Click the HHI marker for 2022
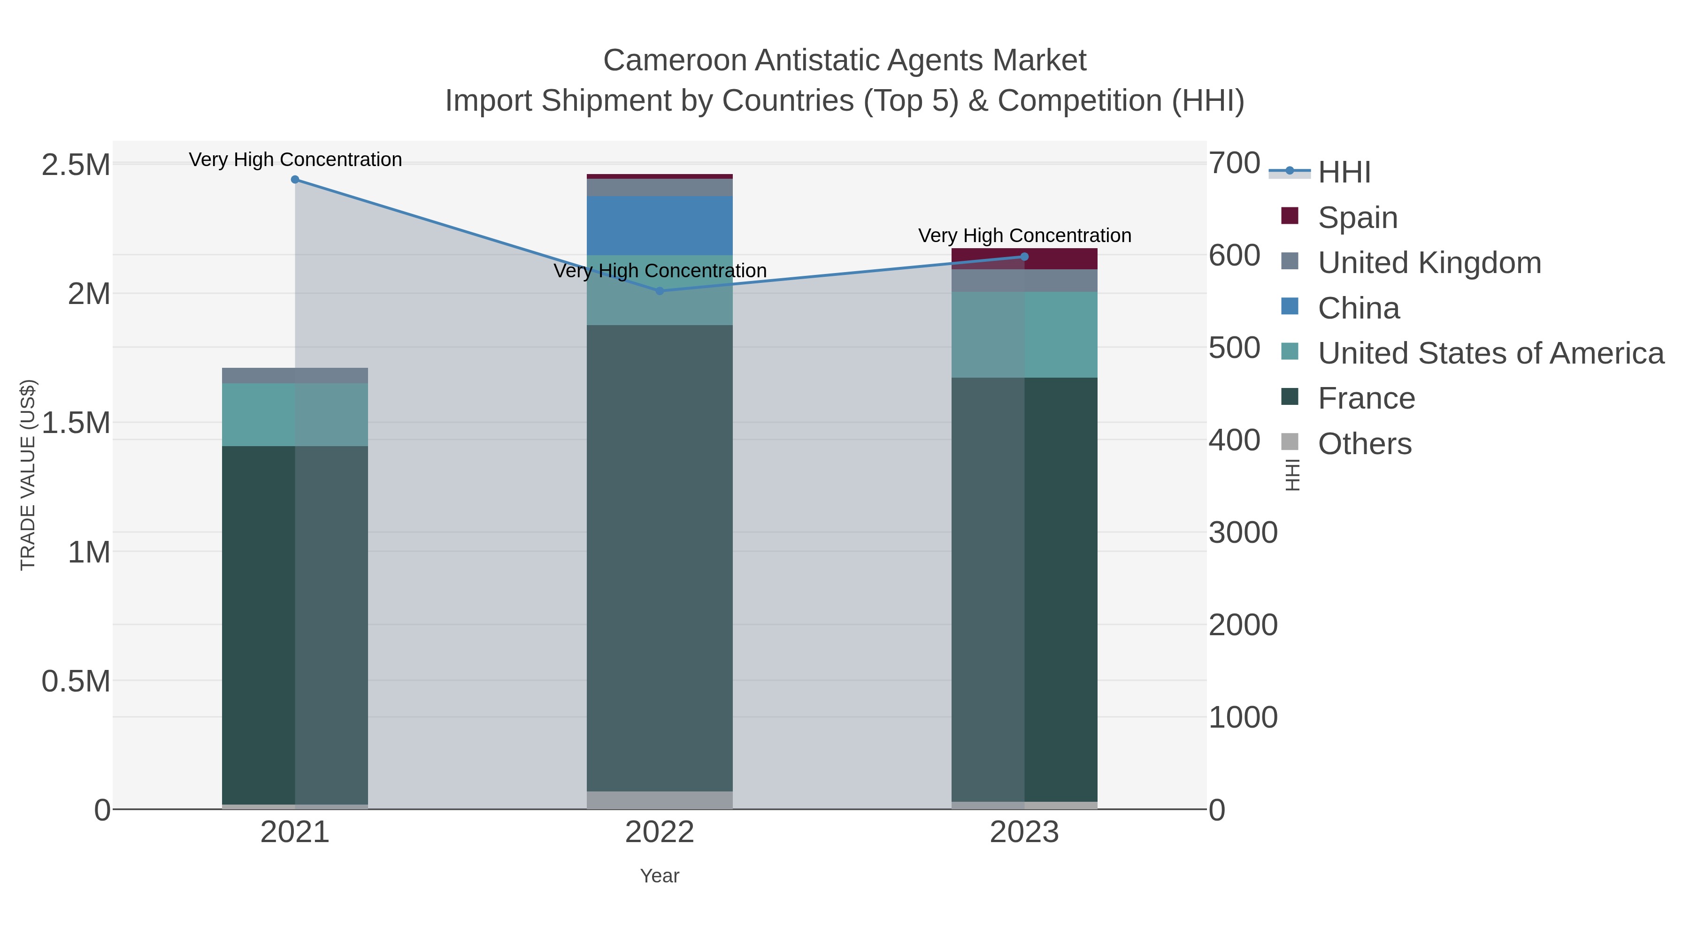(x=660, y=291)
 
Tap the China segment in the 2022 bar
(x=660, y=226)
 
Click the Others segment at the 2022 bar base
(x=660, y=800)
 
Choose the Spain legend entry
(x=1357, y=218)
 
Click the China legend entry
(x=1358, y=308)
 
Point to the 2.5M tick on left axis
(x=76, y=165)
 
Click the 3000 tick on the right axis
(x=1243, y=532)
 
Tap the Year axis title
(x=660, y=876)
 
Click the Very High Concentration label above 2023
(x=1025, y=236)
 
